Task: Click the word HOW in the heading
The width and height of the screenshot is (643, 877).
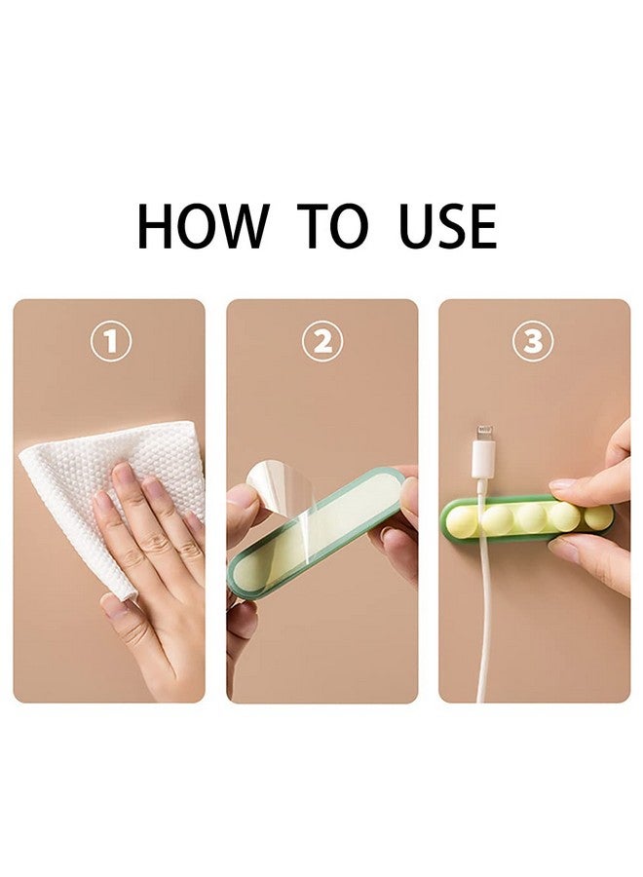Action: (x=203, y=226)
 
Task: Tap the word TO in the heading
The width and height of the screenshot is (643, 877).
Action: (x=333, y=226)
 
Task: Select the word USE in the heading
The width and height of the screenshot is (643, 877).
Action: (x=448, y=226)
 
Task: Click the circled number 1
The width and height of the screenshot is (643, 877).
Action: (x=111, y=341)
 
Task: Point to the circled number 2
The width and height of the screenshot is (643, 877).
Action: (x=322, y=341)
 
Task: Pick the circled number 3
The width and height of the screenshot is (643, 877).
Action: (x=533, y=341)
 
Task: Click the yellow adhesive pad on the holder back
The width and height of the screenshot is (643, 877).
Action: (x=319, y=526)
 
